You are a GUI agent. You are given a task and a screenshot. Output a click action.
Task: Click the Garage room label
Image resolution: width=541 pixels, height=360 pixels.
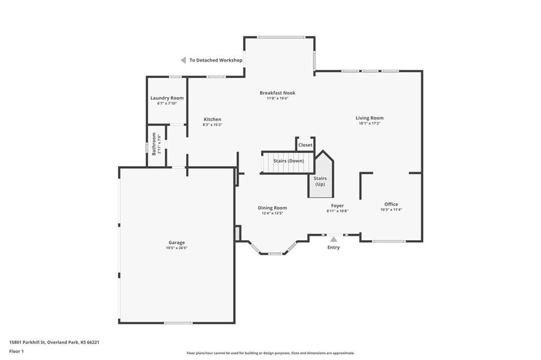(176, 242)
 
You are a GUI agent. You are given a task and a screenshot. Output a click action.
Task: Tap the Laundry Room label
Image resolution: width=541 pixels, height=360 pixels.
(167, 98)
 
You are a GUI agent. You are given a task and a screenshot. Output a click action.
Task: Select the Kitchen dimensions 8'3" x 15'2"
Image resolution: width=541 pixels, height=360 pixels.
(212, 125)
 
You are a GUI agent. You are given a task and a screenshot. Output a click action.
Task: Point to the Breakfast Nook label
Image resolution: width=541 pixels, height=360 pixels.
(277, 93)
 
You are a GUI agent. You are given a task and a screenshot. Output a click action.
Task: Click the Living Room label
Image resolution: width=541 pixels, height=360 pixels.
(369, 118)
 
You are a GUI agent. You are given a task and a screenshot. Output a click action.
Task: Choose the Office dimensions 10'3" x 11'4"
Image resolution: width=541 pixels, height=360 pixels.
(391, 210)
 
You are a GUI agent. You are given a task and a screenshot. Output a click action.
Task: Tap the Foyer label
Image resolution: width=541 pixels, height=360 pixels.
(338, 205)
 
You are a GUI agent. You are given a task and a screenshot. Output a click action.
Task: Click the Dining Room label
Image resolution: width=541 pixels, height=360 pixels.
(272, 208)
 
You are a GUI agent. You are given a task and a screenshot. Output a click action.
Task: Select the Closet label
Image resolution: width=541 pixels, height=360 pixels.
(305, 145)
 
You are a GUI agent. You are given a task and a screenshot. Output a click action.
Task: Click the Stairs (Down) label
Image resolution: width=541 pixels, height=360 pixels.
(289, 161)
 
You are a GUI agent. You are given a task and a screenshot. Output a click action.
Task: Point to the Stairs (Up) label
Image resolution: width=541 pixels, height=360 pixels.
(320, 182)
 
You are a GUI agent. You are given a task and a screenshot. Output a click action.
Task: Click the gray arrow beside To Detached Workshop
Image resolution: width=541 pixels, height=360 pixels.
(183, 60)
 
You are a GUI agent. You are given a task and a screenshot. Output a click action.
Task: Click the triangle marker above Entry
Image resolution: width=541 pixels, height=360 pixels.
(333, 239)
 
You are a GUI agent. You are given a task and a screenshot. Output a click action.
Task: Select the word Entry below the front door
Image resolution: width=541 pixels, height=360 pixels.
(334, 248)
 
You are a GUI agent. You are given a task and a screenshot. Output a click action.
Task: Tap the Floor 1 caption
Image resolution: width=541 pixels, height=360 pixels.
(16, 352)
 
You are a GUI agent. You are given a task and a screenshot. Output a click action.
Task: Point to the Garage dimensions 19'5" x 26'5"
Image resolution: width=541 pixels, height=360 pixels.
(176, 248)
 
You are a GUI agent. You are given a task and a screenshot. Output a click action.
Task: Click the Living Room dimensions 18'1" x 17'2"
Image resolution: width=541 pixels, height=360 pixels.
(369, 124)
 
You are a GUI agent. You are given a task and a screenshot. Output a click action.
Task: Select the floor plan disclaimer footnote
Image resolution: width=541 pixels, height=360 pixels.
(270, 353)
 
